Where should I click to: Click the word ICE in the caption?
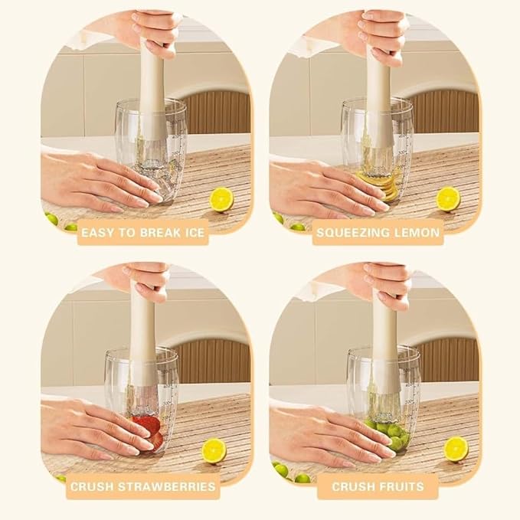pyautogui.click(x=192, y=233)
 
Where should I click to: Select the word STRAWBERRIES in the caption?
pyautogui.click(x=167, y=487)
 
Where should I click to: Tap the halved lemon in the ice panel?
pyautogui.click(x=222, y=199)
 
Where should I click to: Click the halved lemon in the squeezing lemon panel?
pyautogui.click(x=448, y=199)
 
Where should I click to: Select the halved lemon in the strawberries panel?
pyautogui.click(x=214, y=450)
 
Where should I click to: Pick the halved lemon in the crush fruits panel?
pyautogui.click(x=456, y=449)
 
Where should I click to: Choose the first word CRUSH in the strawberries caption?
pyautogui.click(x=92, y=487)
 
